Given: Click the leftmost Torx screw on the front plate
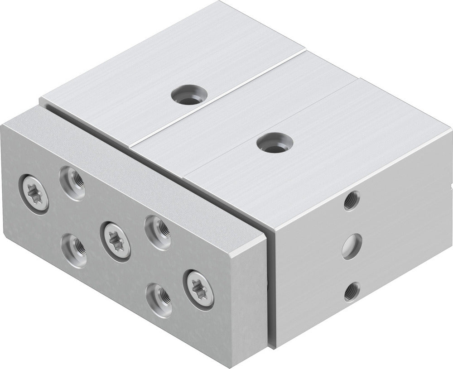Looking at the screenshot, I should pyautogui.click(x=34, y=192).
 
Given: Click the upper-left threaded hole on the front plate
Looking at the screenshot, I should pyautogui.click(x=72, y=182).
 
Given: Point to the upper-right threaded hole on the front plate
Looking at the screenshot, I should pyautogui.click(x=157, y=232).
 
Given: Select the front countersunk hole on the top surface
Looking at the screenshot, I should pyautogui.click(x=275, y=144).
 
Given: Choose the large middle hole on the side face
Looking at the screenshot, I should pyautogui.click(x=352, y=246).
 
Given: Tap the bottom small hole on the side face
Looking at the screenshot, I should pyautogui.click(x=352, y=292).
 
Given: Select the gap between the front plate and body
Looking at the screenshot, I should pyautogui.click(x=269, y=290).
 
